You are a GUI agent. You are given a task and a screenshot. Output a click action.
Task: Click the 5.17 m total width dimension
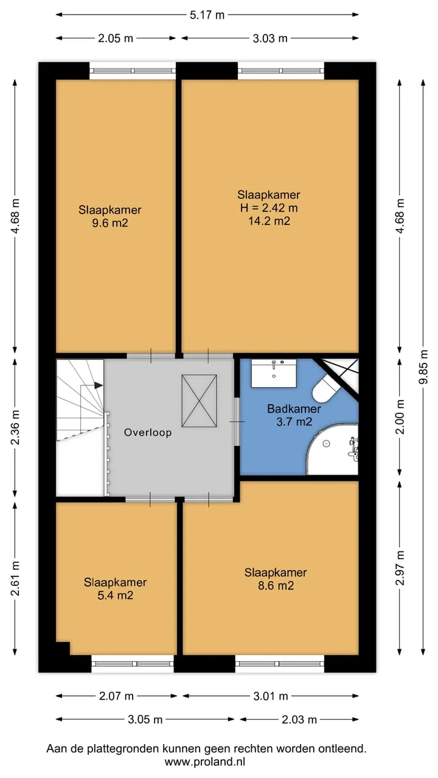point(207,15)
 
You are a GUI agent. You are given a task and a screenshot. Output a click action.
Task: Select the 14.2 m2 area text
point(269,221)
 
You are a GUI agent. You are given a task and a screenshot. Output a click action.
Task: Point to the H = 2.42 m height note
point(269,208)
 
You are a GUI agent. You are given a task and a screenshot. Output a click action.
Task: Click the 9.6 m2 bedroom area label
point(110,223)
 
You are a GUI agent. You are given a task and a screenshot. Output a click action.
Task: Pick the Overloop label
point(148,432)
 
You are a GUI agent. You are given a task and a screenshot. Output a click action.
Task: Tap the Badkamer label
point(294,408)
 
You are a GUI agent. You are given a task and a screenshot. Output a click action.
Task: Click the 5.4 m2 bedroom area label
point(116,596)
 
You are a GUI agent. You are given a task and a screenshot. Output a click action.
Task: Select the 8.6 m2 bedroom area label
point(276,586)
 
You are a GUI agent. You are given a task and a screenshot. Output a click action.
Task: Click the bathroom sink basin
point(274,373)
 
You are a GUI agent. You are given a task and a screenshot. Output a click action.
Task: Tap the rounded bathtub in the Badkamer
point(332,449)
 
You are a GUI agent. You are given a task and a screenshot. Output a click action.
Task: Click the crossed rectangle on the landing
point(199,401)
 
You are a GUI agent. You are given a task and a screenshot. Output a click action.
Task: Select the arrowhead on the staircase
point(99,385)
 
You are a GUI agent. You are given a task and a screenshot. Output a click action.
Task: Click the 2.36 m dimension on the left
point(15,427)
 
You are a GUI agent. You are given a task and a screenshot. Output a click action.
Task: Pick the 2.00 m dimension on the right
point(400,416)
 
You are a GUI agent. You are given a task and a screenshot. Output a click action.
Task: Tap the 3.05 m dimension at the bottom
point(145,719)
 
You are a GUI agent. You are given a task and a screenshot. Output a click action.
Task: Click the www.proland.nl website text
point(205,762)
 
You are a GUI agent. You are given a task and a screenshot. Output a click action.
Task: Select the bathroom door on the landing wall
point(237,422)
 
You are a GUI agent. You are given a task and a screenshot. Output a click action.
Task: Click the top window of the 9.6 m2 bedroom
point(133,71)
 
